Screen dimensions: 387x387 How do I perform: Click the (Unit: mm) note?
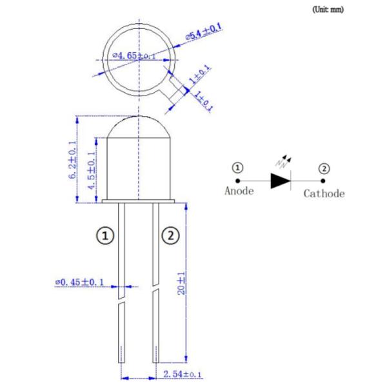pos(328,10)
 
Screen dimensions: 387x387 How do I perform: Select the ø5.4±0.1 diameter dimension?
pos(204,32)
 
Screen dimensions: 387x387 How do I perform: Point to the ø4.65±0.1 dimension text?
pos(134,55)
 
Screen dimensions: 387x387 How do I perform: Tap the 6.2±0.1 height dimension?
pos(72,159)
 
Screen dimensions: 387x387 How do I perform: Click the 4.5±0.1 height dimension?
pos(92,170)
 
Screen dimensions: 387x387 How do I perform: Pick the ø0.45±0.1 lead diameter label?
pos(79,282)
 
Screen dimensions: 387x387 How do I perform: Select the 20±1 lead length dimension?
pos(181,283)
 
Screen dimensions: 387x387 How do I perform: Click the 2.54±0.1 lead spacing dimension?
pos(183,374)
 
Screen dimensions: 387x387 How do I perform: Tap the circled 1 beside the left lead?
pos(105,235)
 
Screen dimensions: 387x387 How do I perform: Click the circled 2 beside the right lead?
pos(170,235)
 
